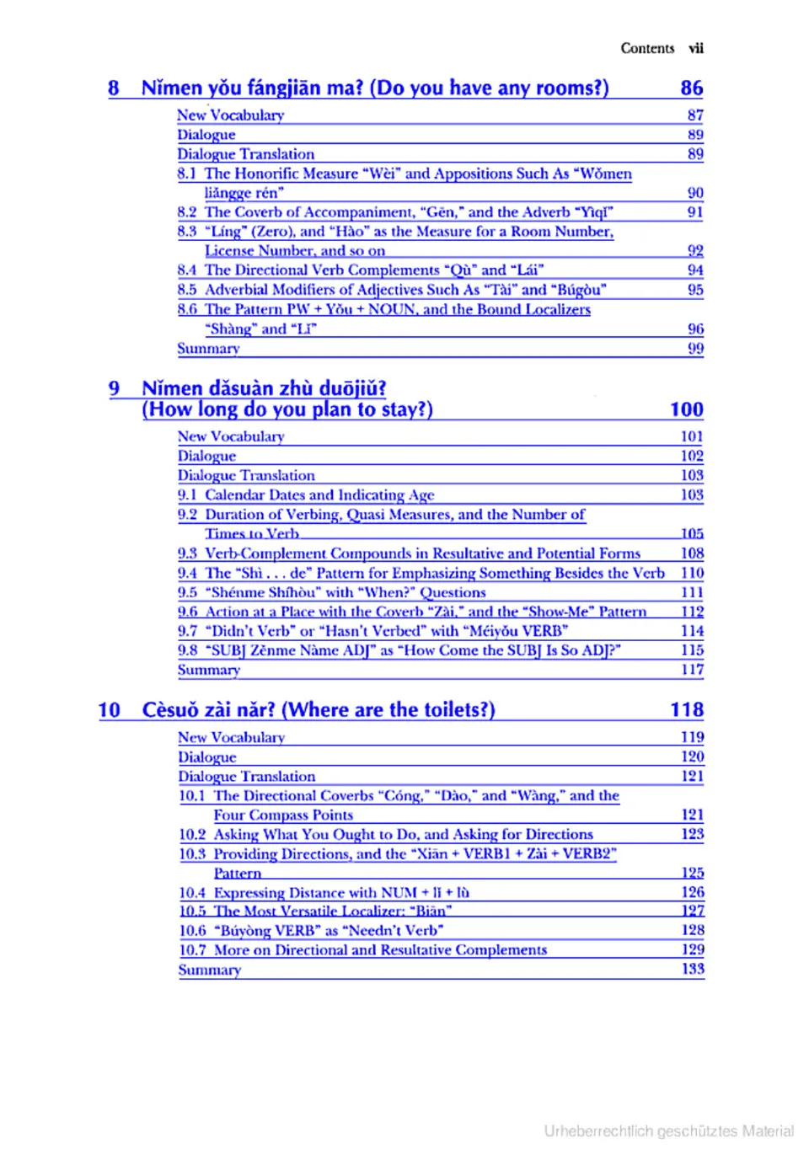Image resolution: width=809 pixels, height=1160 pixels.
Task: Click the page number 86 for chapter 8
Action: coord(691,88)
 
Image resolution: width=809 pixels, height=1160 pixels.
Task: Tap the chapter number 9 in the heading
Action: coord(114,388)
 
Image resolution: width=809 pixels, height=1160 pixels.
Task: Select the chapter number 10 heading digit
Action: coord(109,710)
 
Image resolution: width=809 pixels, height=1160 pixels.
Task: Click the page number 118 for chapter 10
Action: coord(687,710)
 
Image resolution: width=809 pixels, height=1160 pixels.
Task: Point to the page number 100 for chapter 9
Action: coord(686,409)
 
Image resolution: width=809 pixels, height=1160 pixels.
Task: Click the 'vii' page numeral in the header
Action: coord(695,48)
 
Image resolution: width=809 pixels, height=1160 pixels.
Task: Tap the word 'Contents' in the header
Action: coord(647,48)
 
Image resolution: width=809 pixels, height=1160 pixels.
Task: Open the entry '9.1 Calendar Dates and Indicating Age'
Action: coord(306,495)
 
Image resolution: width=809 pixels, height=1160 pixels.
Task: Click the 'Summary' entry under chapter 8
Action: coord(208,349)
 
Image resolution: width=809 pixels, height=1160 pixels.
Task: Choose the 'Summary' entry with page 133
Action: coord(210,970)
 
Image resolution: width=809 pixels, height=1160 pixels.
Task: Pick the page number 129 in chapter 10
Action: coord(693,949)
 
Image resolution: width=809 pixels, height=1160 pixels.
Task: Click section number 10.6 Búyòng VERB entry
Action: coord(192,931)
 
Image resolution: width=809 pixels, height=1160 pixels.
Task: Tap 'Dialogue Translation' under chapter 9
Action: coord(246,476)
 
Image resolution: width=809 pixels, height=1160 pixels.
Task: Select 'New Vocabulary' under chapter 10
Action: coord(231,737)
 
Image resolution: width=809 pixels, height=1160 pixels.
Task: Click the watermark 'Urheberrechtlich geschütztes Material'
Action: coord(668,1131)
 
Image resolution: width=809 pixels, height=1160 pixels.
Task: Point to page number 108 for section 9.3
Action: coord(692,553)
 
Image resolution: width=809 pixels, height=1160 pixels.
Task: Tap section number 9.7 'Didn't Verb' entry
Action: coord(187,631)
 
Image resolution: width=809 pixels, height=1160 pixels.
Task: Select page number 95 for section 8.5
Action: coord(695,290)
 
